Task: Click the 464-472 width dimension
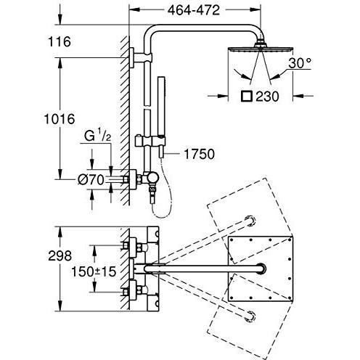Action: [194, 10]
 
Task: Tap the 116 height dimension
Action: [60, 41]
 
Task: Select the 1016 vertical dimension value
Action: [60, 119]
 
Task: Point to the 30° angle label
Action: [300, 63]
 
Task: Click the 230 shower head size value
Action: [267, 97]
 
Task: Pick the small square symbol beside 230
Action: [247, 96]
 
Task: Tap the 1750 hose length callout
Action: [199, 154]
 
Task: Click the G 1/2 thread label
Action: [97, 136]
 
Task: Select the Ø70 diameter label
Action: [91, 180]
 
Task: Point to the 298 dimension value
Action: [60, 255]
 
